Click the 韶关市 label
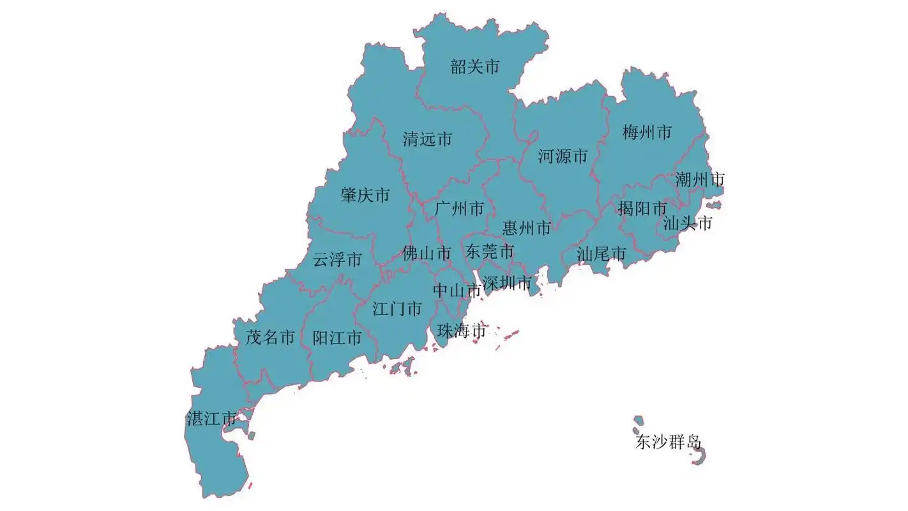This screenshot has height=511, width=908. tap(475, 66)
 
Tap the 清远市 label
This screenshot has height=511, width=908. tap(427, 139)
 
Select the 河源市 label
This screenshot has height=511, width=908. tap(563, 156)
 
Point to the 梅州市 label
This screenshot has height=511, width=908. tap(647, 132)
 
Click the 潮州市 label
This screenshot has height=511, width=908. tap(700, 179)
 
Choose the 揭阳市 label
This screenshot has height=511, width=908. tap(642, 208)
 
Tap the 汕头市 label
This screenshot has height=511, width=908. tap(687, 223)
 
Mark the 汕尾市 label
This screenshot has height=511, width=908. tap(601, 254)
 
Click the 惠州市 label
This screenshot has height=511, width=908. tap(527, 228)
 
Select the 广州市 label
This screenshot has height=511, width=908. tap(459, 208)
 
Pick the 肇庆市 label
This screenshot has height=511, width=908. tap(365, 195)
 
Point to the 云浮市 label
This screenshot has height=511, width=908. tap(337, 259)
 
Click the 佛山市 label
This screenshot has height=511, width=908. tap(427, 254)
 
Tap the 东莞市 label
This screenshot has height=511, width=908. tap(490, 250)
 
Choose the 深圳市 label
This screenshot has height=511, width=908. tap(507, 282)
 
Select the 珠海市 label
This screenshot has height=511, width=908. tap(462, 331)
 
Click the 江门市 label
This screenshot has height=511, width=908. tap(397, 309)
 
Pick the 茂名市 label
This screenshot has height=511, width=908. tap(270, 337)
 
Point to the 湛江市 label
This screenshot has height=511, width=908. tap(211, 419)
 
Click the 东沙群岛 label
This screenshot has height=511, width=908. tap(668, 442)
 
